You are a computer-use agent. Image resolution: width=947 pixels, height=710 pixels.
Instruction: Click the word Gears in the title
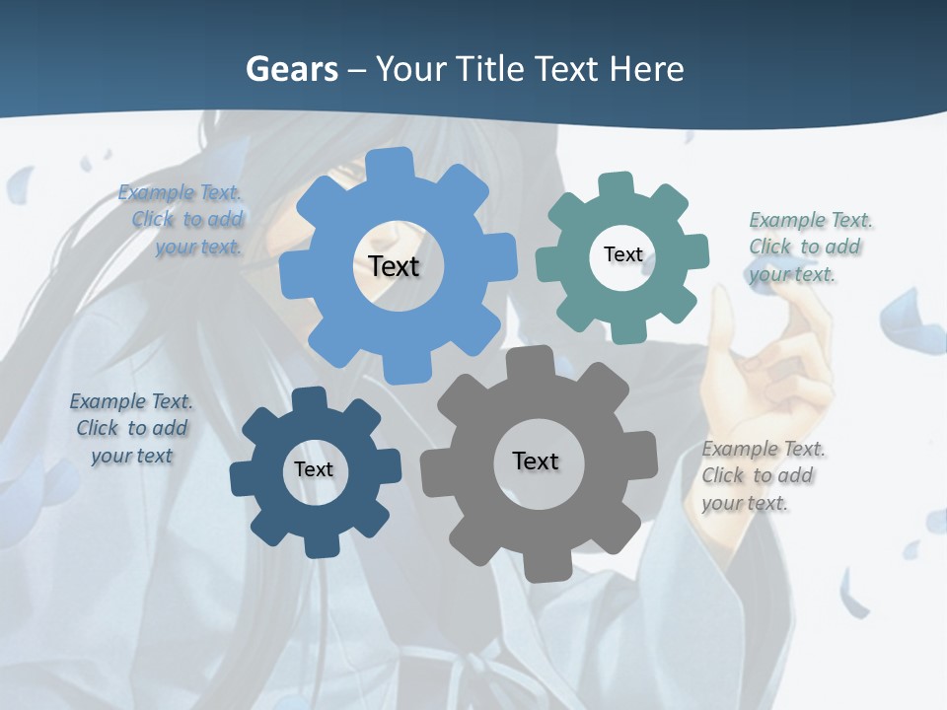[x=291, y=69]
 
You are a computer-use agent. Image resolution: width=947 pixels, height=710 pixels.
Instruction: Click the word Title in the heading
[x=497, y=69]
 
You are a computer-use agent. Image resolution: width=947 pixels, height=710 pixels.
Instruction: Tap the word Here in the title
[x=646, y=69]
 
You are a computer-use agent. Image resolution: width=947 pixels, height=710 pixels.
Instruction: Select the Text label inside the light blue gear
[x=394, y=266]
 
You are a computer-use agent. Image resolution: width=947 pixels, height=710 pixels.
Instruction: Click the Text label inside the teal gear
[x=622, y=254]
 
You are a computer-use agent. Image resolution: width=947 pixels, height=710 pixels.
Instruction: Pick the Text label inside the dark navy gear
[x=314, y=469]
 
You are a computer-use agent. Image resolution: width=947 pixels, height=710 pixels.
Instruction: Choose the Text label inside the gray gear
[x=536, y=461]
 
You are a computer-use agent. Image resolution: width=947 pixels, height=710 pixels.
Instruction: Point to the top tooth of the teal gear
[x=615, y=184]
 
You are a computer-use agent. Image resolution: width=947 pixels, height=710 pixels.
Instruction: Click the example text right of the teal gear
[x=804, y=248]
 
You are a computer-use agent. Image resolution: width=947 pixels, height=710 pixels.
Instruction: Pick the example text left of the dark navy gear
[x=131, y=428]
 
